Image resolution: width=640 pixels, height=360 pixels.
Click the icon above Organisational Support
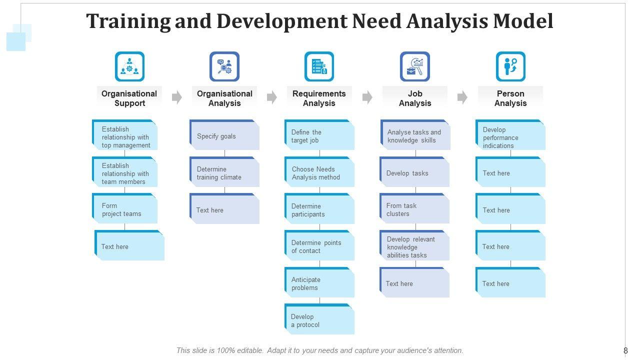pyautogui.click(x=129, y=66)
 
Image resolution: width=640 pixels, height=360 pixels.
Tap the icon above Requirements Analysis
pyautogui.click(x=319, y=66)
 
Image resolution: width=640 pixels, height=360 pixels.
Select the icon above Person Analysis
pyautogui.click(x=510, y=66)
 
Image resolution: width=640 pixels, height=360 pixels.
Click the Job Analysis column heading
pyautogui.click(x=414, y=98)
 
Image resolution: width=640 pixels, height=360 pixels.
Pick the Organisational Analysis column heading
pyautogui.click(x=224, y=98)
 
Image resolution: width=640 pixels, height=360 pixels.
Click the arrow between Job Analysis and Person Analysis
pyautogui.click(x=462, y=97)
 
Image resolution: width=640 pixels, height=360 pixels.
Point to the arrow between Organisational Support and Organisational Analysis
pyautogui.click(x=176, y=97)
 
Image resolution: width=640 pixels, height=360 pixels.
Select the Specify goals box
pyautogui.click(x=224, y=135)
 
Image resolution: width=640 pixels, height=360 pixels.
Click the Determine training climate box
pyautogui.click(x=224, y=172)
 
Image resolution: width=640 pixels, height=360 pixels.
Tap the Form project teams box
pyautogui.click(x=125, y=209)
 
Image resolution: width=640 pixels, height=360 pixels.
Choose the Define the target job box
pyautogui.click(x=319, y=135)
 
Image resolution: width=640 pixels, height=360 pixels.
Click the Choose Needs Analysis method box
pyautogui.click(x=319, y=172)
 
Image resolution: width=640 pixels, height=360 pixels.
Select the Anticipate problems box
pyautogui.click(x=319, y=283)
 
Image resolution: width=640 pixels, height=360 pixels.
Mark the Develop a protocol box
pyautogui.click(x=319, y=320)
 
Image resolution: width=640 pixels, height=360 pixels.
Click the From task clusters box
pyautogui.click(x=414, y=209)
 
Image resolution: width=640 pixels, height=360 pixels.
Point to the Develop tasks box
pyautogui.click(x=414, y=172)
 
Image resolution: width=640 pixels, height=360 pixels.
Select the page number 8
pyautogui.click(x=625, y=350)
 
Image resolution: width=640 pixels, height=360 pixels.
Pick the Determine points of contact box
pyautogui.click(x=319, y=246)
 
